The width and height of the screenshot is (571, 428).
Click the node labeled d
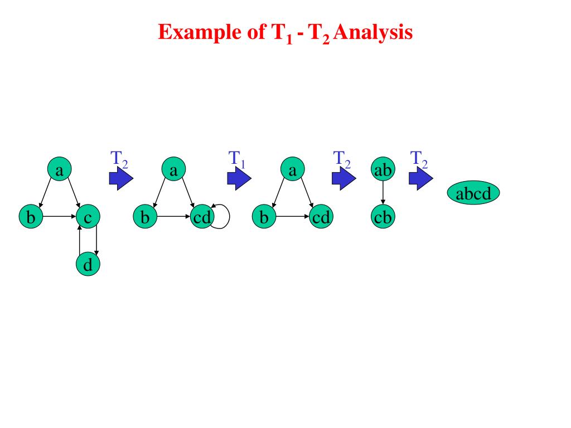click(88, 264)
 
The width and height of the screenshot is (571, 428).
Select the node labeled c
click(88, 217)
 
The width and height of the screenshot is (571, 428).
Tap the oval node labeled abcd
click(473, 192)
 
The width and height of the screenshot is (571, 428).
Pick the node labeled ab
click(383, 169)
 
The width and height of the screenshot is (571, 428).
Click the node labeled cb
click(383, 217)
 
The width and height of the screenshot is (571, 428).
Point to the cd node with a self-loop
click(202, 217)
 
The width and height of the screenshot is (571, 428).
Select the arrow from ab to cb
click(383, 193)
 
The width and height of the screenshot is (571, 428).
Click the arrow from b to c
click(59, 217)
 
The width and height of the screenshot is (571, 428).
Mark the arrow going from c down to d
click(96, 240)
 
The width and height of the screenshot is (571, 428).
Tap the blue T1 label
click(236, 159)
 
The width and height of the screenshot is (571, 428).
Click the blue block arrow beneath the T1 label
click(239, 178)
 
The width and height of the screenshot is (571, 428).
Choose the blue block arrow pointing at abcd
click(421, 178)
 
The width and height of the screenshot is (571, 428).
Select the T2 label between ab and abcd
click(419, 159)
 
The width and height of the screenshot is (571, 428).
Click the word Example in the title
click(200, 32)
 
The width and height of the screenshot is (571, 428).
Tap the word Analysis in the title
click(373, 32)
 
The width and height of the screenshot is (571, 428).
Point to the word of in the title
click(257, 31)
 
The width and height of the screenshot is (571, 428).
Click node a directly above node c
click(59, 169)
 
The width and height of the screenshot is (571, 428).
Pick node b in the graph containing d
click(31, 217)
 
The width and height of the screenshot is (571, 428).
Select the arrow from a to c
click(74, 192)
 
